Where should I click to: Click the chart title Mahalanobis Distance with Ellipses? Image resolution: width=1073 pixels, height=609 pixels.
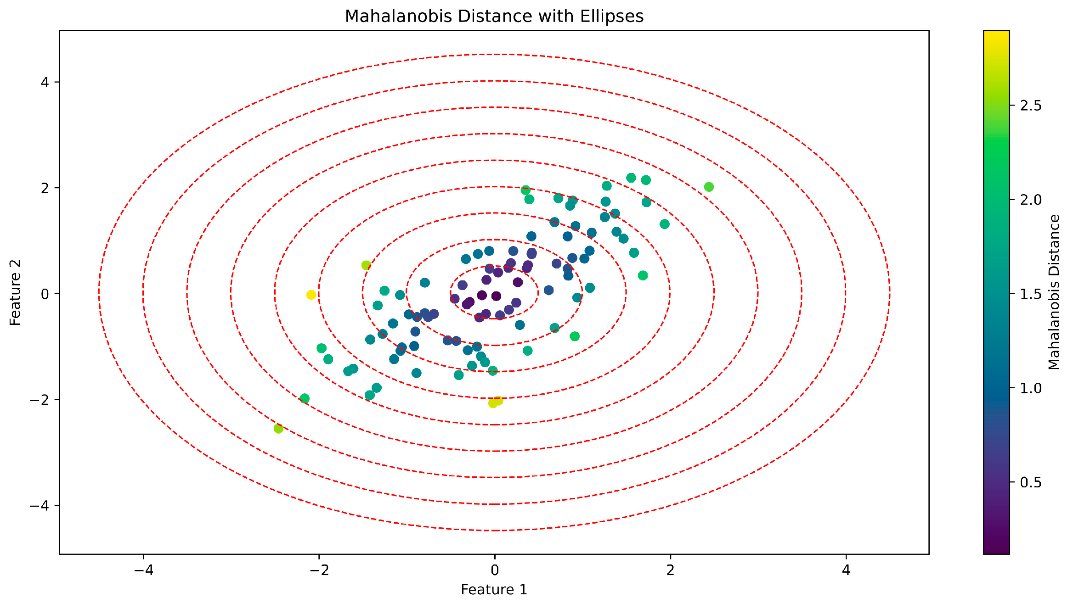[x=494, y=17]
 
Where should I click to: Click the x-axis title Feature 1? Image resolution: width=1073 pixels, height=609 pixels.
[x=494, y=590]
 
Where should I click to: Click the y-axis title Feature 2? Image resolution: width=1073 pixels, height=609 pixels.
[x=16, y=292]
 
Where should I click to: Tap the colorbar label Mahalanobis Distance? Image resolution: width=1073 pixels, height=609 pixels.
[x=1054, y=292]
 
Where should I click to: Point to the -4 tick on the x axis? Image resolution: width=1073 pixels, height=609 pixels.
[x=143, y=570]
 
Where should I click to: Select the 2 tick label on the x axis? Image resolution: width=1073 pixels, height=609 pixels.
[x=670, y=570]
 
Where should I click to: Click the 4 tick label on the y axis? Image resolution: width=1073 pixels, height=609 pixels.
[x=45, y=83]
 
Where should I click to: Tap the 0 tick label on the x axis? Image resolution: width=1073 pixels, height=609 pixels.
[x=494, y=570]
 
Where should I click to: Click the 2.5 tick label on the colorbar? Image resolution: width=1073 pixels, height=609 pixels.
[x=1031, y=106]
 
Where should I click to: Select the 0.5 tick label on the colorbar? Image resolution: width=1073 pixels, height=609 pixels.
[x=1031, y=482]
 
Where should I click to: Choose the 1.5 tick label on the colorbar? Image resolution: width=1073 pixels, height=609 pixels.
[x=1031, y=294]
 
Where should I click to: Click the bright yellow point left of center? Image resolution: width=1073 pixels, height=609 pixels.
[x=311, y=295]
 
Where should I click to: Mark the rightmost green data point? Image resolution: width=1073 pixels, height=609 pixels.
[x=709, y=187]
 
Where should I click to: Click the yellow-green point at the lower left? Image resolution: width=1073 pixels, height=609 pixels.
[x=278, y=429]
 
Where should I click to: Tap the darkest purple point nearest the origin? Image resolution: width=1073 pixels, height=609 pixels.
[x=496, y=296]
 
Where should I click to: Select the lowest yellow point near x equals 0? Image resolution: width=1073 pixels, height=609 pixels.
[x=493, y=403]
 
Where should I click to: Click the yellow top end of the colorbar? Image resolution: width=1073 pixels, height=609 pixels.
[x=996, y=34]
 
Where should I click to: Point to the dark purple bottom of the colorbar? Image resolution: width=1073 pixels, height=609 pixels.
[x=996, y=550]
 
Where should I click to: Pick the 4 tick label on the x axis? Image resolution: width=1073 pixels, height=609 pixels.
[x=846, y=570]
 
